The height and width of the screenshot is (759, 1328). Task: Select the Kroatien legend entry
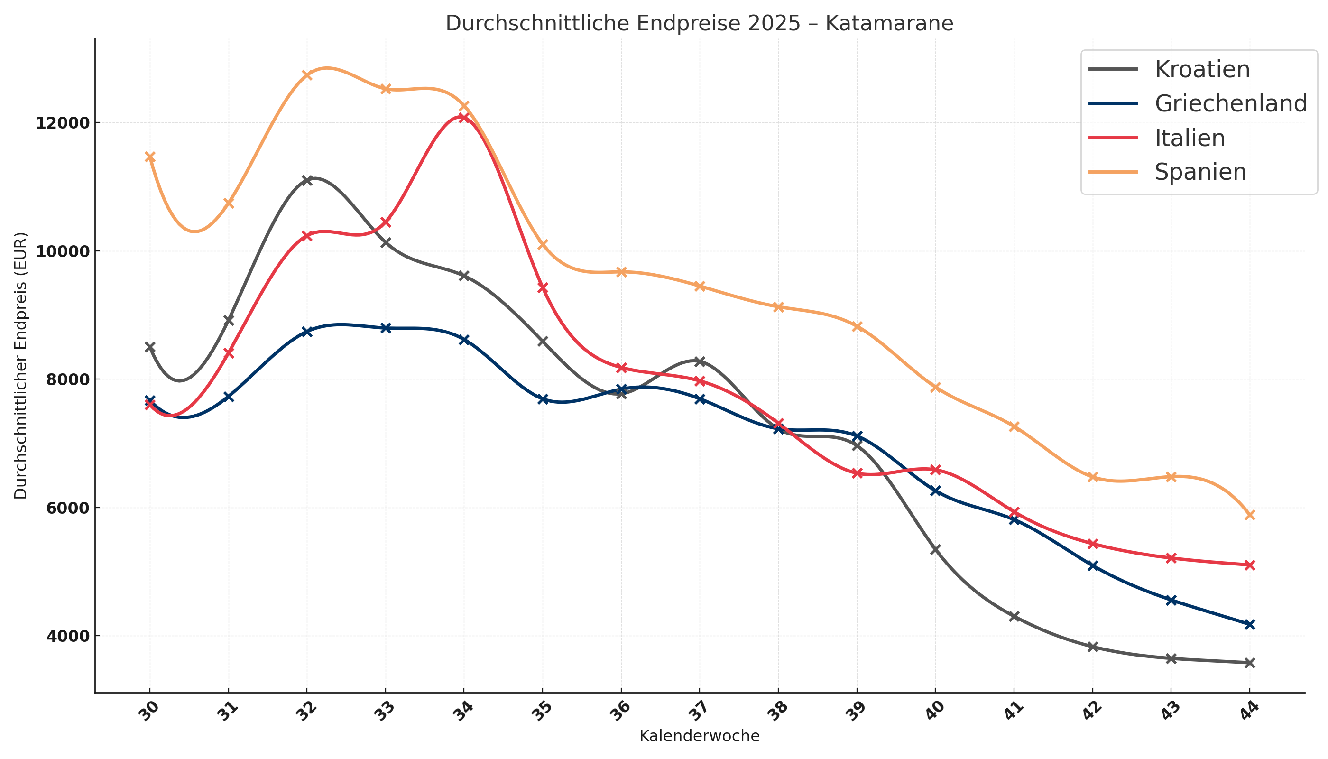pyautogui.click(x=1202, y=69)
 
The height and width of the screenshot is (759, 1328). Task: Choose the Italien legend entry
pyautogui.click(x=1190, y=138)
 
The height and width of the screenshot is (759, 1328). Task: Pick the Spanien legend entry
pyautogui.click(x=1200, y=172)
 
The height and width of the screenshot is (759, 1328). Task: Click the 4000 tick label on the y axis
pyautogui.click(x=62, y=637)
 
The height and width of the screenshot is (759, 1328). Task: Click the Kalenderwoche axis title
pyautogui.click(x=699, y=736)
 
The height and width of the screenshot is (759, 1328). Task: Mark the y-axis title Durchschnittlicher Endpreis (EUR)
pyautogui.click(x=21, y=365)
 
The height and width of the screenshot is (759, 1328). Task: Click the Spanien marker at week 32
pyautogui.click(x=307, y=75)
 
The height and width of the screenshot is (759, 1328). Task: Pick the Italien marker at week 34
pyautogui.click(x=464, y=117)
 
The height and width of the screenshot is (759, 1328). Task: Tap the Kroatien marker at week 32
pyautogui.click(x=307, y=180)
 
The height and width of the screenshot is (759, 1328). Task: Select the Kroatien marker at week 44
pyautogui.click(x=1249, y=663)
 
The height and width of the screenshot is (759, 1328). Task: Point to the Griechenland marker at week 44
pyautogui.click(x=1249, y=624)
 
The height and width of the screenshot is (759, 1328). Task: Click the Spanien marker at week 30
pyautogui.click(x=149, y=157)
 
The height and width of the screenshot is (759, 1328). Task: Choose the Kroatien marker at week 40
pyautogui.click(x=935, y=549)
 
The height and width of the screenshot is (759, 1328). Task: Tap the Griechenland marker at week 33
pyautogui.click(x=386, y=328)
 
